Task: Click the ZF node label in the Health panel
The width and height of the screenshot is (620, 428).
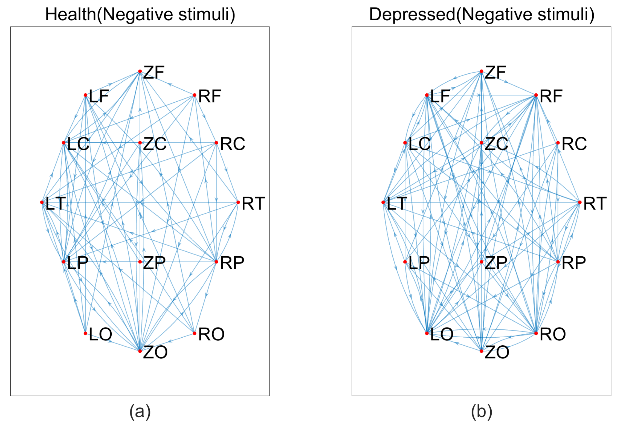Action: tap(153, 73)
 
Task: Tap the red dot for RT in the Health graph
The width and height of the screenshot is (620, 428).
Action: tap(238, 202)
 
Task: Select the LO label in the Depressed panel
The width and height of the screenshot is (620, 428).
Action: tap(442, 334)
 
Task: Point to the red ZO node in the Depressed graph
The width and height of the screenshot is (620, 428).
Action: tap(481, 351)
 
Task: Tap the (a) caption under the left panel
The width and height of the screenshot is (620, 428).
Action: tap(140, 412)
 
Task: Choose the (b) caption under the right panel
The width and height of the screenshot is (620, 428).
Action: tap(482, 412)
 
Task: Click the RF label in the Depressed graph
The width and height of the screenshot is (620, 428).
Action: tap(551, 96)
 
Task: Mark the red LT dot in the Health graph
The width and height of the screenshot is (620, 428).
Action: tap(42, 202)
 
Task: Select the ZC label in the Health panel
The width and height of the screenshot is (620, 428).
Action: tap(155, 144)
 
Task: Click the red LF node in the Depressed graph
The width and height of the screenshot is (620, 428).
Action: tap(427, 95)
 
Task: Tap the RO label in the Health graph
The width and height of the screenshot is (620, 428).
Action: tap(211, 334)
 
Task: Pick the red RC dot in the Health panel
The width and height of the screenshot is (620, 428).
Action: tap(216, 143)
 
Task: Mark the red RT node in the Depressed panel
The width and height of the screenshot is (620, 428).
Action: tap(580, 202)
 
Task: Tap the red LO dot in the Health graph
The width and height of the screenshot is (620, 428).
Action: tap(85, 333)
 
